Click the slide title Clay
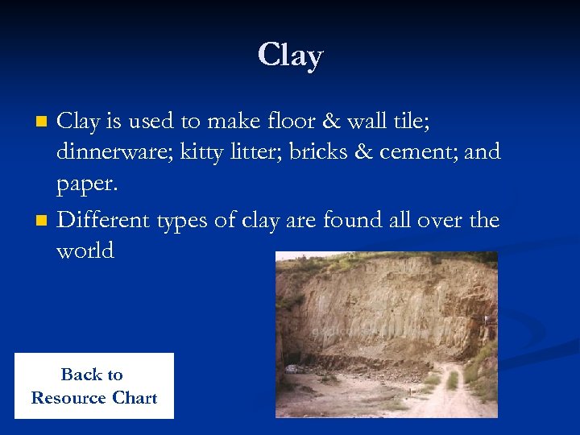point(290,56)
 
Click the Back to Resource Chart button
point(93,386)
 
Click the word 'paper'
point(85,185)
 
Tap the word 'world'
point(85,251)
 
